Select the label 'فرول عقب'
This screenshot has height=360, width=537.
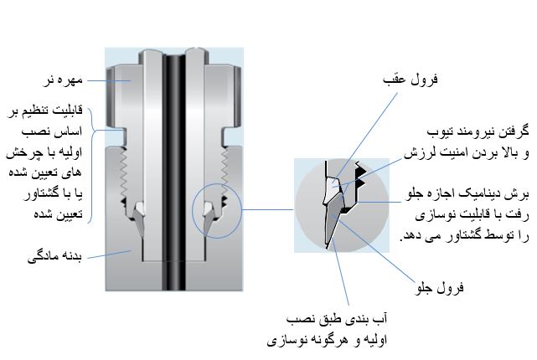pos(420,80)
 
